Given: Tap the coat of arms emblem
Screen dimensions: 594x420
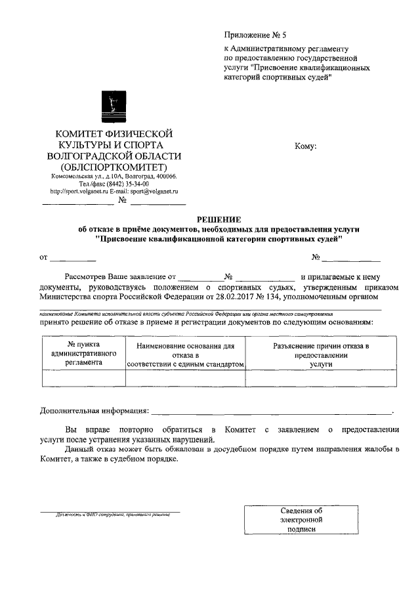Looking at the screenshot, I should pyautogui.click(x=115, y=106).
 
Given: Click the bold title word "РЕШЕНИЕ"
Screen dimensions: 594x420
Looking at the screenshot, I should pyautogui.click(x=219, y=219).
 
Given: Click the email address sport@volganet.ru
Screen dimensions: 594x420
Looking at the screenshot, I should pyautogui.click(x=156, y=192).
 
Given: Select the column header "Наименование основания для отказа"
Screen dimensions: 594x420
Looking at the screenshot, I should pyautogui.click(x=185, y=355).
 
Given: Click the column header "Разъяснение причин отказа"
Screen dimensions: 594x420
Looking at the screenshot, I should pyautogui.click(x=321, y=354).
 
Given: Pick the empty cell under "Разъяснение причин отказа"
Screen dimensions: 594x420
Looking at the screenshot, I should pyautogui.click(x=321, y=378).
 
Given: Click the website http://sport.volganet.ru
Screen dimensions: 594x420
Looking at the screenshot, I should pyautogui.click(x=79, y=192).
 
